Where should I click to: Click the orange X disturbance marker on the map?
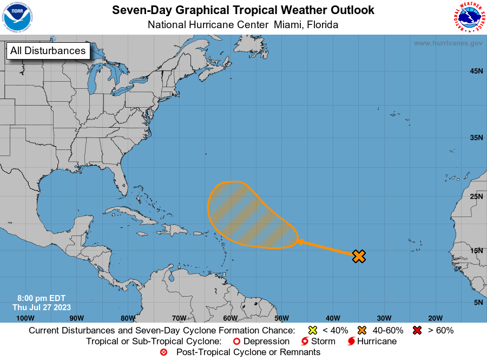pyautogui.click(x=359, y=256)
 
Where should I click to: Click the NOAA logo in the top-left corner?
pyautogui.click(x=17, y=17)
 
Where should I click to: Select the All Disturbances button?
pyautogui.click(x=48, y=51)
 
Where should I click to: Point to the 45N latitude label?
pyautogui.click(x=476, y=71)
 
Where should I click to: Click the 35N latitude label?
pyautogui.click(x=476, y=138)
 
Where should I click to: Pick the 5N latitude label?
pyautogui.click(x=478, y=303)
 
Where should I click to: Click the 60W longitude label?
pyautogui.click(x=230, y=318)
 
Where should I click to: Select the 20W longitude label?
pyautogui.click(x=435, y=318)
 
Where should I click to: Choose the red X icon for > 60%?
pyautogui.click(x=417, y=330)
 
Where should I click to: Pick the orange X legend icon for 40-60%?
pyautogui.click(x=362, y=330)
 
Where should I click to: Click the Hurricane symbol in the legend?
pyautogui.click(x=351, y=342)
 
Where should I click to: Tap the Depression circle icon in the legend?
pyautogui.click(x=235, y=342)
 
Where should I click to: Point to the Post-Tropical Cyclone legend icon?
pyautogui.click(x=164, y=352)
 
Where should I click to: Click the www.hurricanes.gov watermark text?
pyautogui.click(x=447, y=43)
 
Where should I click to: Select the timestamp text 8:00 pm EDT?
pyautogui.click(x=41, y=298)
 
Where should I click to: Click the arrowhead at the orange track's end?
pyautogui.click(x=299, y=242)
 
